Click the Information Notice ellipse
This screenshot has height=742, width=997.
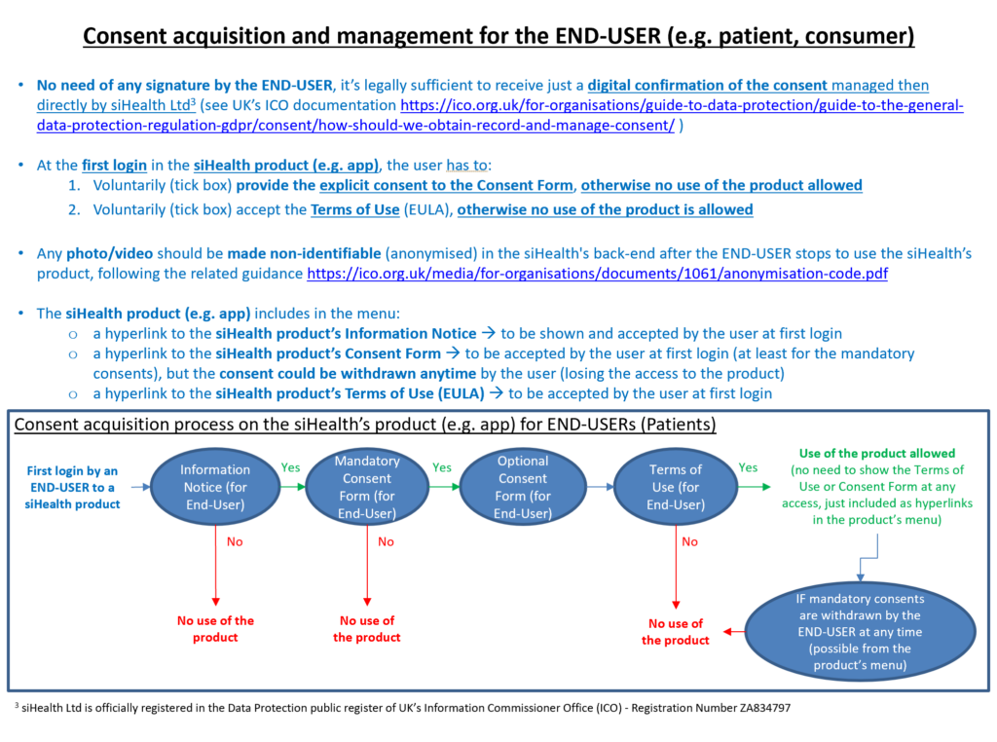pyautogui.click(x=215, y=487)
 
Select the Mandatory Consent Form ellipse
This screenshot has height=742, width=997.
pyautogui.click(x=367, y=487)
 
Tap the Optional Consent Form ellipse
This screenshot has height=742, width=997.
pyautogui.click(x=523, y=487)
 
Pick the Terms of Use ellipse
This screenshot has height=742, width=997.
pyautogui.click(x=676, y=487)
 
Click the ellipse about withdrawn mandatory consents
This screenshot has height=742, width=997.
pyautogui.click(x=861, y=631)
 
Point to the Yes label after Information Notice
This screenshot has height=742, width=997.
pyautogui.click(x=290, y=467)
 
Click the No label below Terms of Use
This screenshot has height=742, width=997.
pyautogui.click(x=690, y=541)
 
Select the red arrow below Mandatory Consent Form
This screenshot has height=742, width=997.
pyautogui.click(x=367, y=565)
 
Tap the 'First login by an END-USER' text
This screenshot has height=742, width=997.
pyautogui.click(x=72, y=487)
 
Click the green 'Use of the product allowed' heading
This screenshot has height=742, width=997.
pyautogui.click(x=877, y=454)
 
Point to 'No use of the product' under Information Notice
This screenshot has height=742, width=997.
pyautogui.click(x=215, y=629)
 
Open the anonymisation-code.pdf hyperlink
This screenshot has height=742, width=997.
pyautogui.click(x=597, y=274)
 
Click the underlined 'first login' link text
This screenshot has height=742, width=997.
pyautogui.click(x=115, y=166)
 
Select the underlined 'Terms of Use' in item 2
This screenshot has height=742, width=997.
pyautogui.click(x=354, y=209)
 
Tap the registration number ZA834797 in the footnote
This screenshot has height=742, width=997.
pyautogui.click(x=765, y=708)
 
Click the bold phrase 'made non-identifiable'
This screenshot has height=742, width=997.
pyautogui.click(x=304, y=254)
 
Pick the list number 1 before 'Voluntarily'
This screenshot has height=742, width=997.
pyautogui.click(x=74, y=186)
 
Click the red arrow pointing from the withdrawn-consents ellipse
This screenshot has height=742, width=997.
pyautogui.click(x=734, y=631)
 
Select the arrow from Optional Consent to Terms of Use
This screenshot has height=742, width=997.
pyautogui.click(x=600, y=487)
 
